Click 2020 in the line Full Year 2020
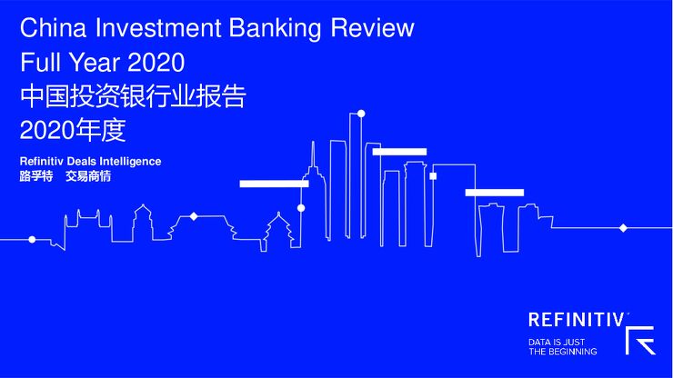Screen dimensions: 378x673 pos(156,63)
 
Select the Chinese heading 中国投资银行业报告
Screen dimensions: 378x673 pos(133,96)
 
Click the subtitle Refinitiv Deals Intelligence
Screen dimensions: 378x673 pos(90,161)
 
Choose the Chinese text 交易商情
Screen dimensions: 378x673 pos(89,176)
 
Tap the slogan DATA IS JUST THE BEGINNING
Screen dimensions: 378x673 pos(563,346)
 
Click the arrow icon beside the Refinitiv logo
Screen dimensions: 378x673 pos(640,340)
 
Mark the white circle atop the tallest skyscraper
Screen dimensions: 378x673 pos(361,114)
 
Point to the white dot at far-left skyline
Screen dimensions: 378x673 pos(32,240)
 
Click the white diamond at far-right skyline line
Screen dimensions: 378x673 pos(623,227)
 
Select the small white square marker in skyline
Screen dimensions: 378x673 pos(433,175)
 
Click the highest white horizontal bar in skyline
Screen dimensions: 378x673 pos(399,152)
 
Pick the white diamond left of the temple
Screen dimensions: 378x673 pos(193,216)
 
